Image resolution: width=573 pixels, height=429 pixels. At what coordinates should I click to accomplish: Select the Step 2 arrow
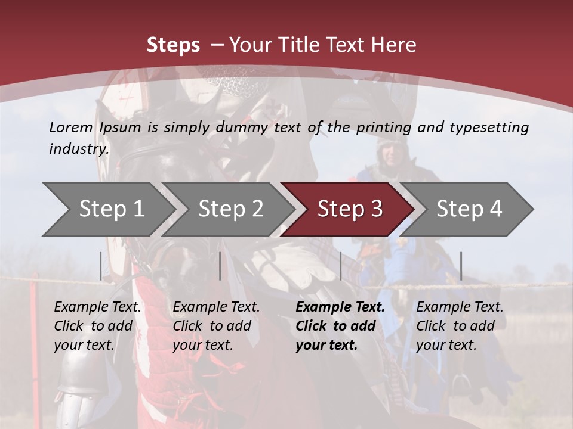click(230, 209)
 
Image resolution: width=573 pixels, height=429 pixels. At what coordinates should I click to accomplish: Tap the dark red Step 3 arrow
click(349, 209)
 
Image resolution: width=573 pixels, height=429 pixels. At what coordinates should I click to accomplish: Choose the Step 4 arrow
click(469, 209)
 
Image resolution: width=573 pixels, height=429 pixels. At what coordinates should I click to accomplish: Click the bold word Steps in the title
click(173, 45)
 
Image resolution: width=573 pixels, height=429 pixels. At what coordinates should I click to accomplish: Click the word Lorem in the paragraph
click(71, 127)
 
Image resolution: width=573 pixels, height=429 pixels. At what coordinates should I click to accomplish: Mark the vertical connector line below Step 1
click(101, 266)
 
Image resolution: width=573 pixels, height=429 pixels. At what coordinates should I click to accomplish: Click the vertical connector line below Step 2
click(220, 266)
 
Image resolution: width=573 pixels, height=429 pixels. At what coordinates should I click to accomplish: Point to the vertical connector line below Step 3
click(340, 266)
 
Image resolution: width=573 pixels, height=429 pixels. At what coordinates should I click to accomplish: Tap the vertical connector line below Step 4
click(461, 266)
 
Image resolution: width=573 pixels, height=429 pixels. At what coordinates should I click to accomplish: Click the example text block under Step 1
click(97, 326)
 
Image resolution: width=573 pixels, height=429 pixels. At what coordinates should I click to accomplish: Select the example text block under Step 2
click(216, 326)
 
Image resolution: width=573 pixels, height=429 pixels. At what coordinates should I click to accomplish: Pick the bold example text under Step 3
click(340, 326)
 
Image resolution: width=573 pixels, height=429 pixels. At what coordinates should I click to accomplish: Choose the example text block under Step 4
click(460, 326)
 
